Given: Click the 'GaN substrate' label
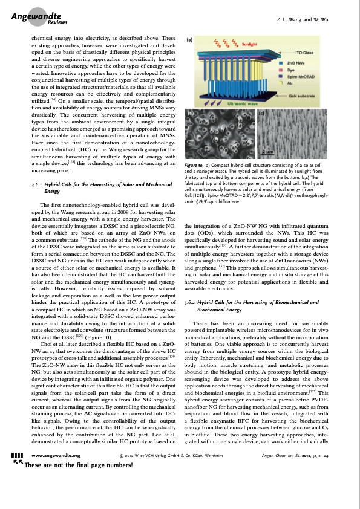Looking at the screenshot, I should pyautogui.click(x=303, y=96).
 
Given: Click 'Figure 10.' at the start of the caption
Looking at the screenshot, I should pyautogui.click(x=195, y=148).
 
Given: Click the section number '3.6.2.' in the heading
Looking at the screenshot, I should pyautogui.click(x=192, y=301).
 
